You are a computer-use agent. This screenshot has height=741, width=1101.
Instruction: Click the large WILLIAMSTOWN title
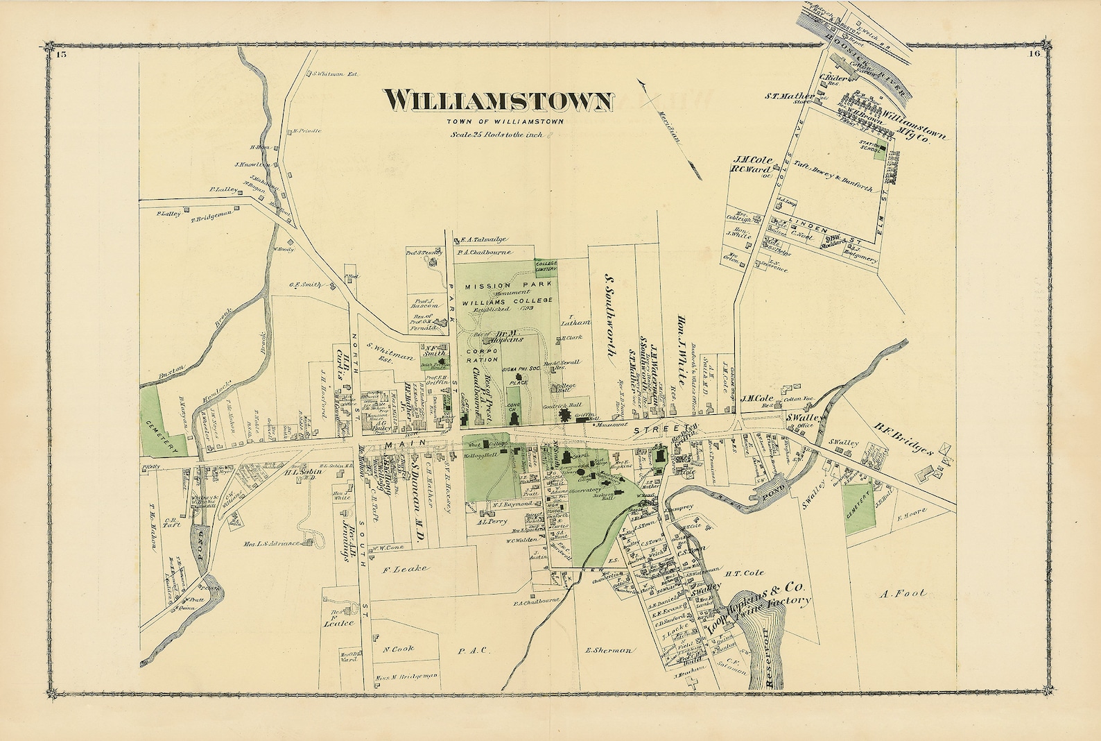coord(499,101)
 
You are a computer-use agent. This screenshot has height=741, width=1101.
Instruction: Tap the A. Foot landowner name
coord(907,594)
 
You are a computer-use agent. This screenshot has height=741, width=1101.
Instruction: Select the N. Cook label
coord(398,649)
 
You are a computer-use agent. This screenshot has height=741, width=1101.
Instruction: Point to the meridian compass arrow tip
coord(642,82)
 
